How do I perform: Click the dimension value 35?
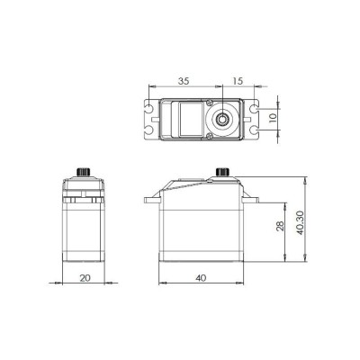pyautogui.click(x=184, y=81)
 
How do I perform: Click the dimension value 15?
pyautogui.click(x=237, y=81)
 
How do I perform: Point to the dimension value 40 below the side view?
pyautogui.click(x=201, y=278)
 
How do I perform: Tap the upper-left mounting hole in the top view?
pyautogui.click(x=148, y=109)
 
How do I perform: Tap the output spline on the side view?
pyautogui.click(x=222, y=172)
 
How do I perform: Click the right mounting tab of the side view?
pyautogui.click(x=255, y=199)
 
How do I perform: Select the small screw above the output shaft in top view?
pyautogui.click(x=213, y=102)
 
